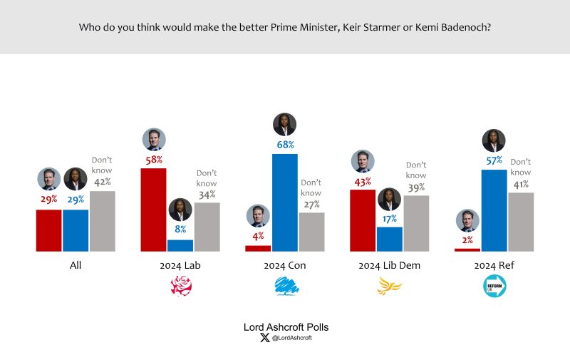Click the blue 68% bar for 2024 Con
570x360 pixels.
pos(285,202)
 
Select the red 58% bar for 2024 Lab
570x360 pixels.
pos(153,210)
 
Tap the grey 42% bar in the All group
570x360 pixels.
pos(102,221)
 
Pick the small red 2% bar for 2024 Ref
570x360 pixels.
pos(467,250)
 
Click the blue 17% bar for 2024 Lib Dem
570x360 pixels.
pos(389,239)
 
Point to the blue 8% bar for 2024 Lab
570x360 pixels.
pos(180,245)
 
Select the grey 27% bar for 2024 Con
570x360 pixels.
pos(311,232)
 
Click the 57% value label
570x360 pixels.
pos(494,161)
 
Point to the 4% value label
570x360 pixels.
pos(258,236)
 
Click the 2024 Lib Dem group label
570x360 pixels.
pos(389,266)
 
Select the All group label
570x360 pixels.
pos(76,266)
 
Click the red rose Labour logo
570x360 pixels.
pos(180,287)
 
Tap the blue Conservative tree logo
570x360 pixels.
pos(285,287)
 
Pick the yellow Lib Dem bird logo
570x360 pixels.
pos(389,287)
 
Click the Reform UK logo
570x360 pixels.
pos(494,287)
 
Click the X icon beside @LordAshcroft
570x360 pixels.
pos(265,338)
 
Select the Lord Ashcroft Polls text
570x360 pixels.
pos(286,326)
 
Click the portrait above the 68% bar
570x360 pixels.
pos(285,124)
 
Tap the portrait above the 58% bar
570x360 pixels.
pos(153,140)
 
